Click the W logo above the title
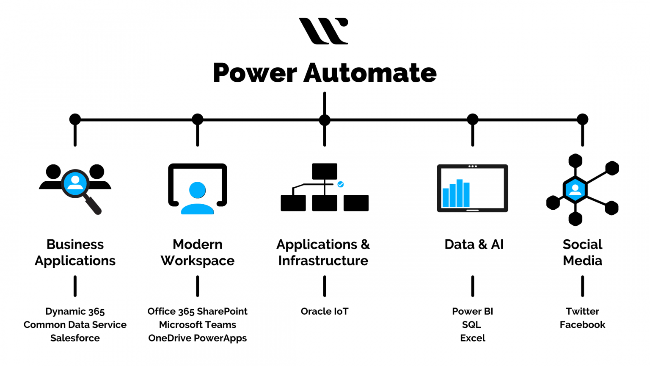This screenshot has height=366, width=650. point(324,31)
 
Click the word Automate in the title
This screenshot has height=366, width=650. point(370,73)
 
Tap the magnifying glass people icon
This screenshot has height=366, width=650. point(75,186)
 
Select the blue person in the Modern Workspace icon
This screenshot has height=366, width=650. point(198,198)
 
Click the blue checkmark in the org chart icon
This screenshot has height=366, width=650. point(341,184)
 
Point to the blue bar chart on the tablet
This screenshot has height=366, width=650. point(456,194)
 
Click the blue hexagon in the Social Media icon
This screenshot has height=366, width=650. point(575,190)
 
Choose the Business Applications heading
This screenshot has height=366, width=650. point(75,252)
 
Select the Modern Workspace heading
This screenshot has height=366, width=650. point(198,252)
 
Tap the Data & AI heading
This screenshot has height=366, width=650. point(474,244)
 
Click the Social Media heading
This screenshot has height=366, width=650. point(582,252)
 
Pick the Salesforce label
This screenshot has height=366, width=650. point(75,338)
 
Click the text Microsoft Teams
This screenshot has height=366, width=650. point(198,324)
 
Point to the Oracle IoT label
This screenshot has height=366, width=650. point(325,311)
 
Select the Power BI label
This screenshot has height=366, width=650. point(472,311)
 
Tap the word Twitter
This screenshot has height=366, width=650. point(582,311)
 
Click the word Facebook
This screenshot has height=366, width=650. point(582,324)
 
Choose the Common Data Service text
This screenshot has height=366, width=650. point(75,324)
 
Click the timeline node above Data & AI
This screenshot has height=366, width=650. point(473,119)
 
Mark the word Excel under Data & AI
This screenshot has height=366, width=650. point(472,338)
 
